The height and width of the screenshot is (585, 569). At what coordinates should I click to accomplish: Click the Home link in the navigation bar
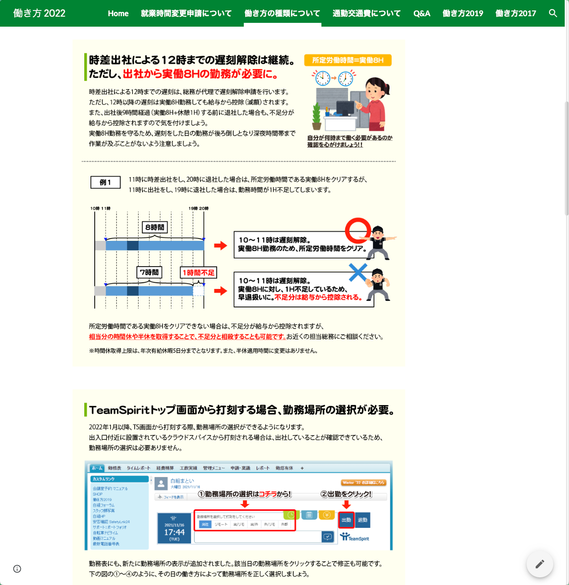pyautogui.click(x=118, y=13)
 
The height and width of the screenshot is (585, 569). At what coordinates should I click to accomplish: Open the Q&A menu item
pyautogui.click(x=421, y=13)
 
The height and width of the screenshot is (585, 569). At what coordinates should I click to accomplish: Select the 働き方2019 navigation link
pyautogui.click(x=462, y=13)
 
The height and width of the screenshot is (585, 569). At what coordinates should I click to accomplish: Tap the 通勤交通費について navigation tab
pyautogui.click(x=366, y=13)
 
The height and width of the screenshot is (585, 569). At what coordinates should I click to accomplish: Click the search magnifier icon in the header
pyautogui.click(x=553, y=13)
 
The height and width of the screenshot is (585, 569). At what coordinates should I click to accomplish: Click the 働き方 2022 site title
pyautogui.click(x=40, y=13)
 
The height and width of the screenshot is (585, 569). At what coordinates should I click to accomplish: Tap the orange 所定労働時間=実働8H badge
pyautogui.click(x=348, y=60)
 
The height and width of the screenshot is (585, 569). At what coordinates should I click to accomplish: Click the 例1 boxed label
pyautogui.click(x=105, y=182)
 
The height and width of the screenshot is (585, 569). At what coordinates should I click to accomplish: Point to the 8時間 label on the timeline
pyautogui.click(x=155, y=228)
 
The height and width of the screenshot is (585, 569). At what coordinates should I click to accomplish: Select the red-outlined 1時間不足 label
pyautogui.click(x=198, y=273)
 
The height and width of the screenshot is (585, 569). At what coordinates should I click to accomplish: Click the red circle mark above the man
pyautogui.click(x=358, y=230)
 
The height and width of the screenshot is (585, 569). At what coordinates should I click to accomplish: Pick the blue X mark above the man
pyautogui.click(x=358, y=273)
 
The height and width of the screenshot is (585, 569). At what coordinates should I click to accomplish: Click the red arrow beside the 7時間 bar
pyautogui.click(x=220, y=291)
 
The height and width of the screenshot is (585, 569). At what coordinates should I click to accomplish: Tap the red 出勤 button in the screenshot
pyautogui.click(x=346, y=520)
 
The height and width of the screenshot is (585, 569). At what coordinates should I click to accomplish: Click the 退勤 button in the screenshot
pyautogui.click(x=362, y=520)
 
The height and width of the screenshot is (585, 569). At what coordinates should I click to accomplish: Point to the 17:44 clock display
pyautogui.click(x=174, y=532)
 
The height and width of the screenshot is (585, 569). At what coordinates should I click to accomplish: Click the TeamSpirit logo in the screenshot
pyautogui.click(x=355, y=537)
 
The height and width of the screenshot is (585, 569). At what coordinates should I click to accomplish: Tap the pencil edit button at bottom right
pyautogui.click(x=539, y=564)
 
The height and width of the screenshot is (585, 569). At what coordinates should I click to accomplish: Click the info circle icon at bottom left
pyautogui.click(x=17, y=569)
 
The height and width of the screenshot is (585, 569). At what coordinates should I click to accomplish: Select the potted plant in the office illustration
pyautogui.click(x=316, y=117)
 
